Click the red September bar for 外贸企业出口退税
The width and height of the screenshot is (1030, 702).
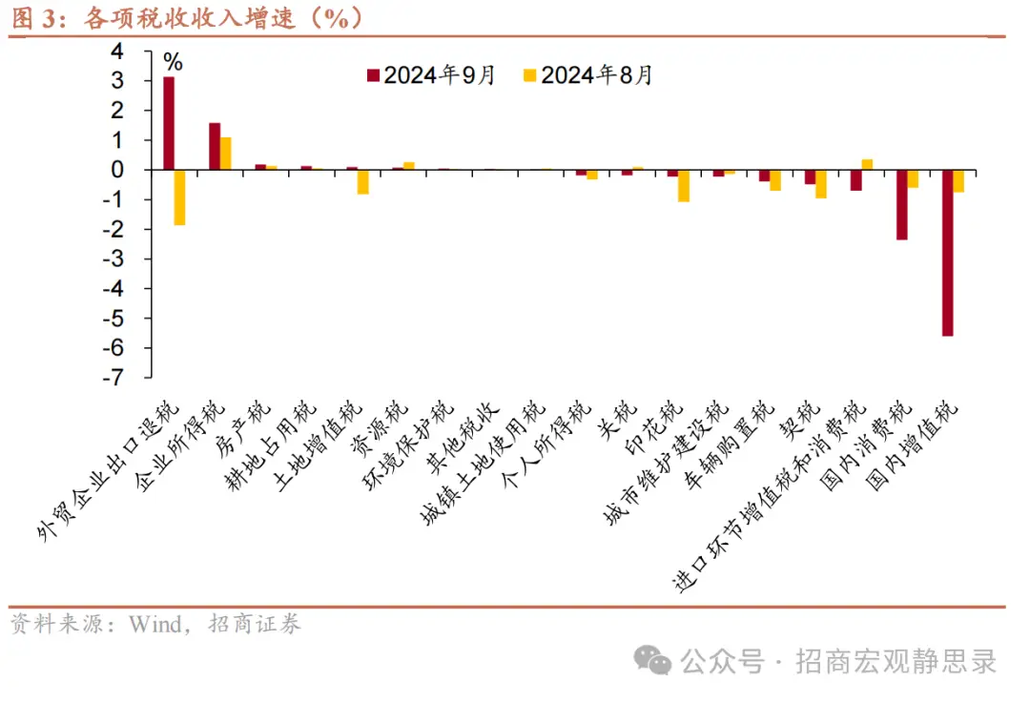(169, 123)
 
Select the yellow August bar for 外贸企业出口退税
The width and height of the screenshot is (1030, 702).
(180, 197)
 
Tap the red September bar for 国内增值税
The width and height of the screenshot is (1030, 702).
(947, 253)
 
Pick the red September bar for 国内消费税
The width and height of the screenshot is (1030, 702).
(901, 204)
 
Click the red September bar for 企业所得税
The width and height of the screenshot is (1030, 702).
(215, 146)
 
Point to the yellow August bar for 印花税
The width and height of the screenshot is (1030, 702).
(684, 185)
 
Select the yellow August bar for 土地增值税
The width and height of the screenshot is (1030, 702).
(363, 181)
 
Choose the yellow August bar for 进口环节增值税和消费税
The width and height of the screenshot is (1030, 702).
(867, 164)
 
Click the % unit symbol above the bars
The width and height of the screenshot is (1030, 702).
(173, 63)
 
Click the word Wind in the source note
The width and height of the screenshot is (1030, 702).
(154, 625)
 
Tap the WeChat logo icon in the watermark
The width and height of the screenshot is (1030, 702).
(653, 661)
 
